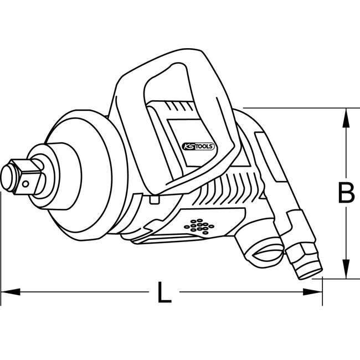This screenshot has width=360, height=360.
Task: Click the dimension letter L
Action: click(162, 293)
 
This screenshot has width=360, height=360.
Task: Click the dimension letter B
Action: click(346, 193)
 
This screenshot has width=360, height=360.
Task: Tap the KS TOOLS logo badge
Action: click(199, 147)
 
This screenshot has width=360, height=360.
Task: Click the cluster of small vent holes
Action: click(197, 226)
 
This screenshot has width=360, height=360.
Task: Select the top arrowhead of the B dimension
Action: click(346, 114)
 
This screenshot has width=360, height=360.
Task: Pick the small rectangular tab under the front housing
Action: click(156, 198)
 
